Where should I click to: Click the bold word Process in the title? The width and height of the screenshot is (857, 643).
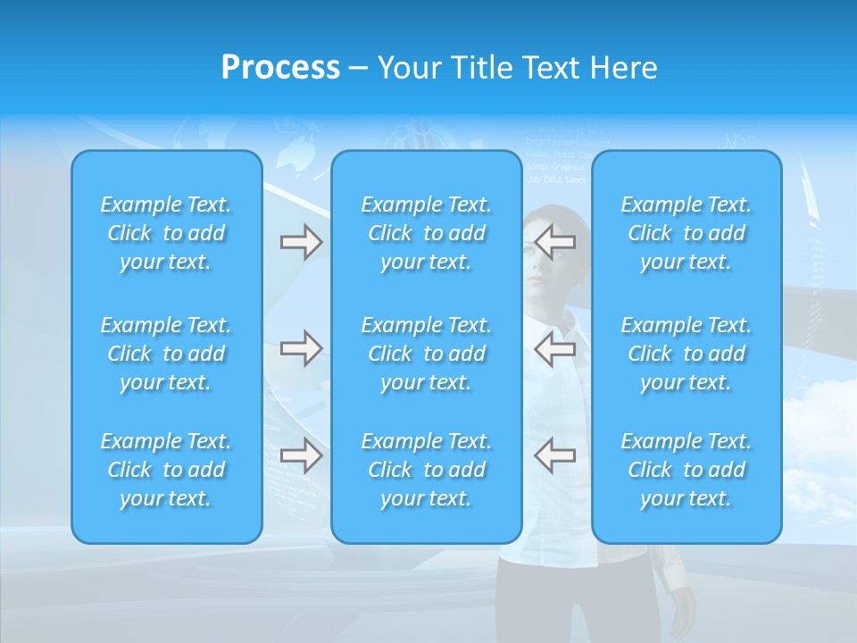pyautogui.click(x=280, y=68)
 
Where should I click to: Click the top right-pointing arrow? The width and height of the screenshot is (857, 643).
pyautogui.click(x=301, y=242)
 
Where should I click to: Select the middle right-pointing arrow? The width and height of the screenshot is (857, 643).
pyautogui.click(x=301, y=348)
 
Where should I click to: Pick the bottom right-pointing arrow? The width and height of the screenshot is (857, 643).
pyautogui.click(x=301, y=455)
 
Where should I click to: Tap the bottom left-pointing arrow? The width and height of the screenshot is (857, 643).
pyautogui.click(x=554, y=455)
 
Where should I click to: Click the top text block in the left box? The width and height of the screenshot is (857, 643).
pyautogui.click(x=166, y=233)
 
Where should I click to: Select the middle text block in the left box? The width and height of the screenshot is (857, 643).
pyautogui.click(x=166, y=354)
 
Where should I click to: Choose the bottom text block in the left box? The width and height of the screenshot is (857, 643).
pyautogui.click(x=166, y=470)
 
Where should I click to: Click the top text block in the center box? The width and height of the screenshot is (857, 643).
pyautogui.click(x=427, y=233)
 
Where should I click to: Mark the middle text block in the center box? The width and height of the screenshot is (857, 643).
pyautogui.click(x=427, y=354)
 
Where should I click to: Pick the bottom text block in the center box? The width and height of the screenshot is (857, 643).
pyautogui.click(x=427, y=470)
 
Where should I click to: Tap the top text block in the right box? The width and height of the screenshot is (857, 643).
pyautogui.click(x=686, y=233)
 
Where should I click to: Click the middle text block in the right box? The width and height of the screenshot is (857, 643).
pyautogui.click(x=686, y=354)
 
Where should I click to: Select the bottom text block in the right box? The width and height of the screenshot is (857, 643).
pyautogui.click(x=686, y=470)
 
